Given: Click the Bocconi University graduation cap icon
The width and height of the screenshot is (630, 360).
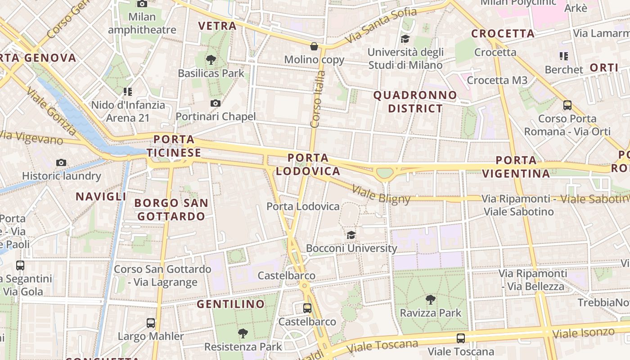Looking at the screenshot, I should tap(351, 235).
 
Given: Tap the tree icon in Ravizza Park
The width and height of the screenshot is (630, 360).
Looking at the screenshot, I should tap(431, 299).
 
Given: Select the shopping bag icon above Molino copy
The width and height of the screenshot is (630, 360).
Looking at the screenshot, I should tap(314, 46).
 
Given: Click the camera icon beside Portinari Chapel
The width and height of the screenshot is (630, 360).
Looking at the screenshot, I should tap(216, 103).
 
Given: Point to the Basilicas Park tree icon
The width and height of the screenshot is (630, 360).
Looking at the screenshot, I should tap(211, 59).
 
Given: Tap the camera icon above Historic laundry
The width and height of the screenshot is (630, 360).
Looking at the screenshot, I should tap(61, 162).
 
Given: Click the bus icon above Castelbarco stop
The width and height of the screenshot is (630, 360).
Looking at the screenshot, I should tap(307, 308).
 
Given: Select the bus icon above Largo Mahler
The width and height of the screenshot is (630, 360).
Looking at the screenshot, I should tap(151, 323).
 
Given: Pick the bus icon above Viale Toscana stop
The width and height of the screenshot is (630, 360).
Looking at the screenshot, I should tap(461, 338).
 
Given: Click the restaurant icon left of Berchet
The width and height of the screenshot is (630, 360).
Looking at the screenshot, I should tap(564, 56).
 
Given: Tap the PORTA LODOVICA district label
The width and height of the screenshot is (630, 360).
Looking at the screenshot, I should tap(308, 165).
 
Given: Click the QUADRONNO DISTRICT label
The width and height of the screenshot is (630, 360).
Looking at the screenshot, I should tap(415, 102).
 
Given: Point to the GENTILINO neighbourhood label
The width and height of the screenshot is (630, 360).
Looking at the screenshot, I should tap(231, 304).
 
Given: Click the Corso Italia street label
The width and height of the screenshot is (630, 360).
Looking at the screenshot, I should tap(317, 99).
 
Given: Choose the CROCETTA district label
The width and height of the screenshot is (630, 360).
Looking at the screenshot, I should tap(503, 34).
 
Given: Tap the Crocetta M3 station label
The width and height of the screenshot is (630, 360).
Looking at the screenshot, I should tap(497, 80).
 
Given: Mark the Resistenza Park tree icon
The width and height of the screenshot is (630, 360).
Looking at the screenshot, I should tap(243, 333).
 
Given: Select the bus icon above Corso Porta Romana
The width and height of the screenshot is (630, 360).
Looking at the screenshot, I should tap(567, 105).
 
